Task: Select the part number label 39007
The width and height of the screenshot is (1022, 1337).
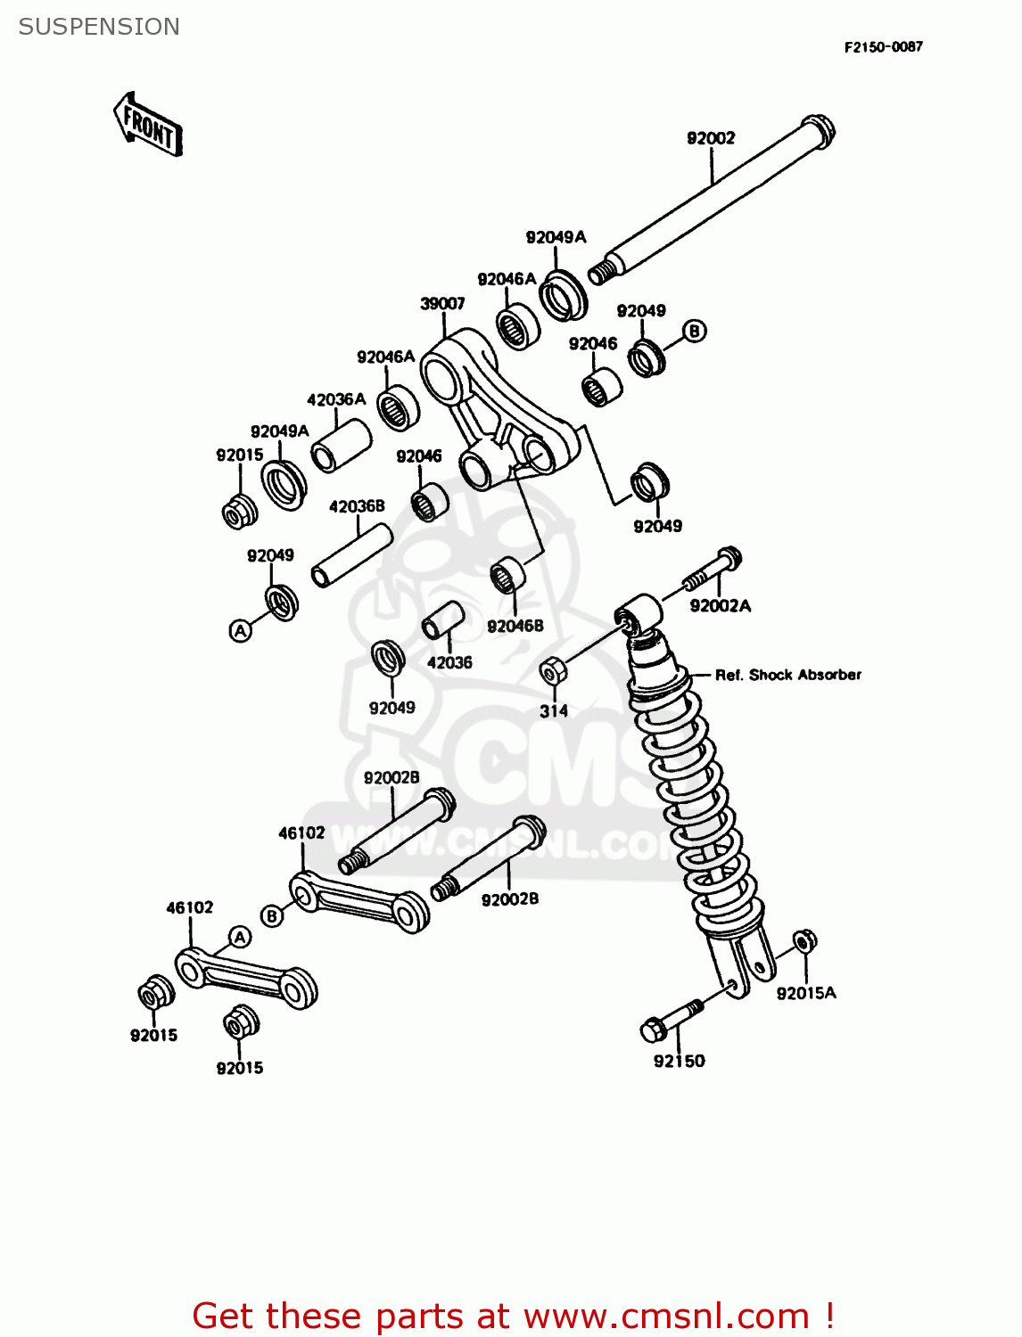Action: pyautogui.click(x=442, y=304)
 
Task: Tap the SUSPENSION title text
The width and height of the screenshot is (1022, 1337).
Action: pyautogui.click(x=99, y=27)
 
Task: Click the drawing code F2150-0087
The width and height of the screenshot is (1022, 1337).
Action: pyautogui.click(x=883, y=47)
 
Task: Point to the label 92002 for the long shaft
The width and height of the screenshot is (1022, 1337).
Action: pyautogui.click(x=711, y=138)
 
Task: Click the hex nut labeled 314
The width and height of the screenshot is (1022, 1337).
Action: pyautogui.click(x=551, y=671)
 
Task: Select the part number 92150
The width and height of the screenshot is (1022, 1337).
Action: pyautogui.click(x=679, y=1061)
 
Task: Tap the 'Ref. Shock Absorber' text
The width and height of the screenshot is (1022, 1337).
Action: pyautogui.click(x=788, y=675)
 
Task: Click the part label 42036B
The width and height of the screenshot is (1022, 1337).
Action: pyautogui.click(x=357, y=506)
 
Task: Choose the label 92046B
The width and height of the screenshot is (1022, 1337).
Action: pyautogui.click(x=515, y=627)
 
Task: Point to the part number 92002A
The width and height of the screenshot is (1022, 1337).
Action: pyautogui.click(x=721, y=606)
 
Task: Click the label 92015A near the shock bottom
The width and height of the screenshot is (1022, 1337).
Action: pyautogui.click(x=806, y=993)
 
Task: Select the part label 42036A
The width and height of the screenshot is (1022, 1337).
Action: pyautogui.click(x=336, y=399)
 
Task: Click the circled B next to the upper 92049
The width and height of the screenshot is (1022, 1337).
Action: pyautogui.click(x=694, y=332)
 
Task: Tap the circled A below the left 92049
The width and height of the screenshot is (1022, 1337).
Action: pyautogui.click(x=240, y=631)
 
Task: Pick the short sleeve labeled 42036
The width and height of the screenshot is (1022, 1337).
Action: pyautogui.click(x=444, y=619)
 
